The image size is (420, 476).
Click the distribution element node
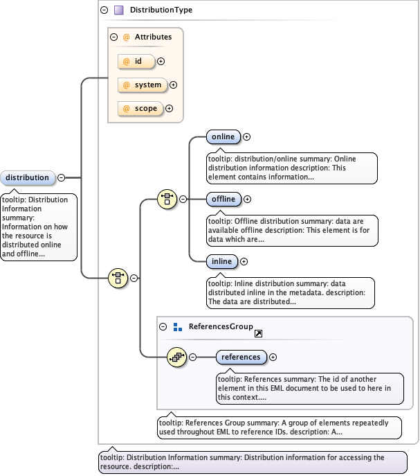pyautogui.click(x=28, y=178)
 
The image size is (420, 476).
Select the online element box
pyautogui.click(x=223, y=137)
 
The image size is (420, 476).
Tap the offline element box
pyautogui.click(x=223, y=200)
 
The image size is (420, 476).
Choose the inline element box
pyautogui.click(x=222, y=261)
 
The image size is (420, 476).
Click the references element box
pyautogui.click(x=241, y=358)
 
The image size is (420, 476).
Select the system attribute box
pyautogui.click(x=143, y=85)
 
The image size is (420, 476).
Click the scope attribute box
pyautogui.click(x=141, y=109)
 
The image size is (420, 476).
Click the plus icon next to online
pyautogui.click(x=246, y=137)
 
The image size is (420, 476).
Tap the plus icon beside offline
pyautogui.click(x=248, y=200)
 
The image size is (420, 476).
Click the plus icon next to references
pyautogui.click(x=273, y=358)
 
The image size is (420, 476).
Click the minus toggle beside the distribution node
pyautogui.click(x=62, y=178)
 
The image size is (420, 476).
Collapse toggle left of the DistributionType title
pyautogui.click(x=104, y=10)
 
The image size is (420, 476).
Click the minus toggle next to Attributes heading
pyautogui.click(x=114, y=37)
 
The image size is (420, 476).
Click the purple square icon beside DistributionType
pyautogui.click(x=119, y=10)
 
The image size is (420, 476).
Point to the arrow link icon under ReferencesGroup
pyautogui.click(x=258, y=334)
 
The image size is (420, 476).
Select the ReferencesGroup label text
pyautogui.click(x=211, y=326)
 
